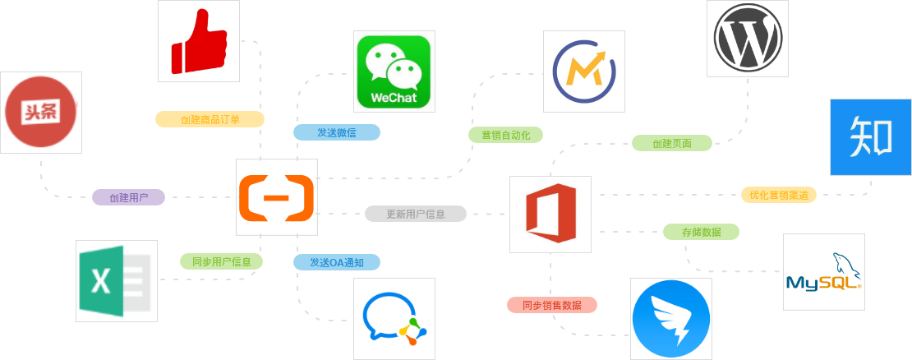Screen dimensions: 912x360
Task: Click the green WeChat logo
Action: click(394, 72)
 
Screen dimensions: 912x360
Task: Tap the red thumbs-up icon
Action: click(198, 41)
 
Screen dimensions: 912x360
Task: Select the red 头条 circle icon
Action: click(41, 113)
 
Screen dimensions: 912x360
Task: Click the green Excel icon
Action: click(116, 281)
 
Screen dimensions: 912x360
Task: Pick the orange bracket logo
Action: click(276, 198)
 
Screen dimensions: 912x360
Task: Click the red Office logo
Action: click(550, 213)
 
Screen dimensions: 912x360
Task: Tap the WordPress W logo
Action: click(748, 39)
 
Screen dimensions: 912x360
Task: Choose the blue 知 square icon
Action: click(871, 137)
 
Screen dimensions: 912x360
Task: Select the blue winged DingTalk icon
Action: click(671, 319)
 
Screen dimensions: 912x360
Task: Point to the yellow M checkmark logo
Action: click(584, 72)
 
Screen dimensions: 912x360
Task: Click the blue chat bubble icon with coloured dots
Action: click(394, 319)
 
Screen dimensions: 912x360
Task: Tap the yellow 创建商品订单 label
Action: click(210, 119)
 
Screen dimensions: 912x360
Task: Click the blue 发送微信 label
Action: click(337, 132)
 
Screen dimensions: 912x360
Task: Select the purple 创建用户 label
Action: click(128, 197)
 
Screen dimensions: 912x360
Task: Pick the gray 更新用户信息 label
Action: click(416, 214)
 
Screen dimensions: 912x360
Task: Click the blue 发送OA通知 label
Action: click(337, 261)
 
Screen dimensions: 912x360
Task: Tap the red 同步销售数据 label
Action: click(552, 305)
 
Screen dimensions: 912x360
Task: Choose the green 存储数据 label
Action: click(702, 232)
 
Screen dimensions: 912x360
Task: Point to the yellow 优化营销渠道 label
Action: click(779, 195)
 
